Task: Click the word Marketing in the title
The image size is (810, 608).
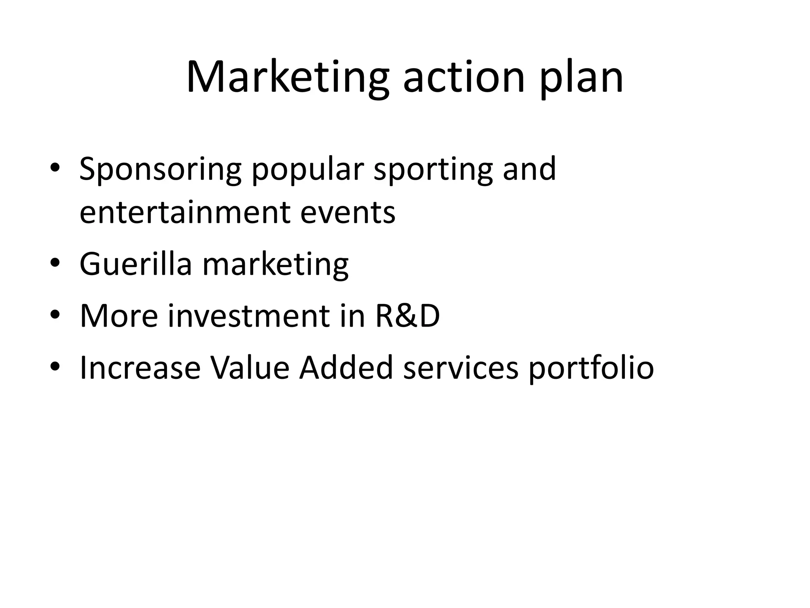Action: [288, 78]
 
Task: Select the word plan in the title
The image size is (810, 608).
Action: [581, 78]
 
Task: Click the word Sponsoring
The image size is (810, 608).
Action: [160, 170]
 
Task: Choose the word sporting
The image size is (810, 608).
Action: [433, 170]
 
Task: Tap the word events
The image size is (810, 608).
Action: [348, 212]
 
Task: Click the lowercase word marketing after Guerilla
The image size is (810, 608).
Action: [275, 264]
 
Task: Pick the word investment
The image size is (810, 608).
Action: [249, 315]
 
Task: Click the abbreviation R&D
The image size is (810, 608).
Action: [407, 315]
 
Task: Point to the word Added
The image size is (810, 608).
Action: [346, 368]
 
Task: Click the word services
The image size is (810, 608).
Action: [460, 368]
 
